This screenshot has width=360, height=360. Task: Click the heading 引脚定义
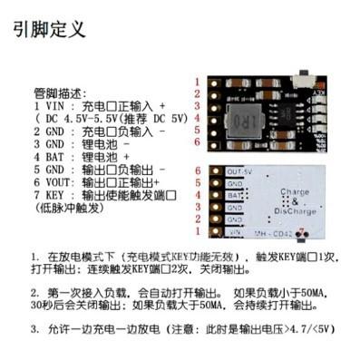(51, 29)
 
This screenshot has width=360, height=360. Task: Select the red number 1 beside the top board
(199, 82)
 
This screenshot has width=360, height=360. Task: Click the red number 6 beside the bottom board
(199, 170)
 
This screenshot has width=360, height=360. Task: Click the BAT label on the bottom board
(234, 195)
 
